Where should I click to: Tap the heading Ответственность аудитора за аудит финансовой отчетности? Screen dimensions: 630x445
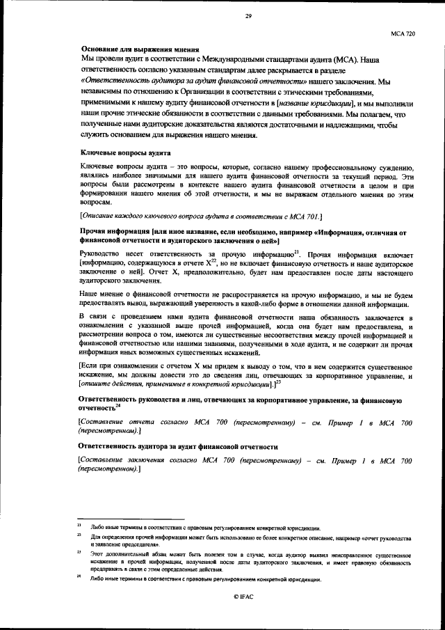click(x=179, y=446)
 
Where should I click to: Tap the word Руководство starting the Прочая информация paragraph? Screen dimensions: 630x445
click(x=102, y=254)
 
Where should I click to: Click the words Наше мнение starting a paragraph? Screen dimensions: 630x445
click(x=100, y=296)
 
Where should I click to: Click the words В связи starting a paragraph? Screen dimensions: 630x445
click(x=92, y=317)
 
